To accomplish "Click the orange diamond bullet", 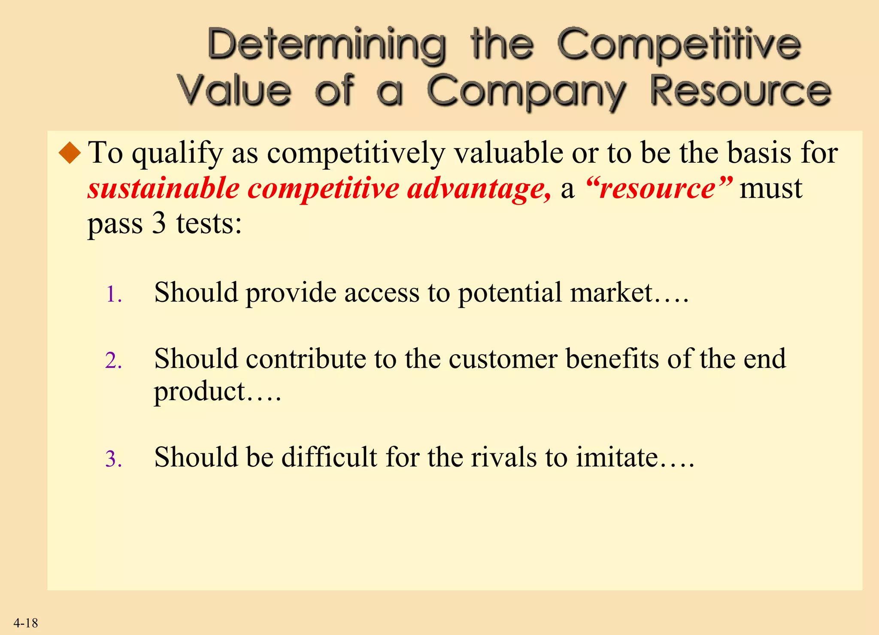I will [x=70, y=153].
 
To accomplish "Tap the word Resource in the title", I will [x=740, y=91].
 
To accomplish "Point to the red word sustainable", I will [x=164, y=189].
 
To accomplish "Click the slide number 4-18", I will [x=26, y=623].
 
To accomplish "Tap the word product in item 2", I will [x=200, y=392].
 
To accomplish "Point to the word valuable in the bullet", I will [x=509, y=153].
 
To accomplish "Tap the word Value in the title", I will [x=234, y=91].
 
